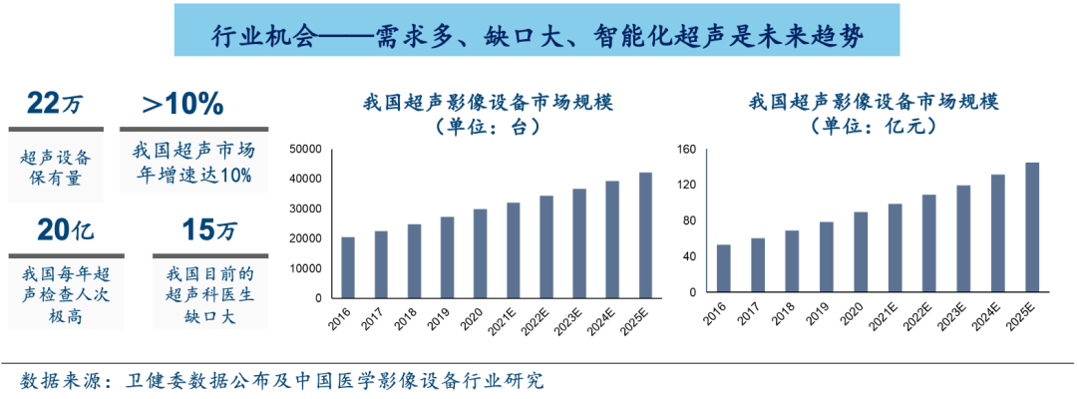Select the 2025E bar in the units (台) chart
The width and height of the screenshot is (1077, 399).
pyautogui.click(x=646, y=235)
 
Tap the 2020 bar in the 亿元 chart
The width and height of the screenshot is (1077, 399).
pyautogui.click(x=861, y=254)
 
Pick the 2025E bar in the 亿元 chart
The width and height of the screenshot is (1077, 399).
pyautogui.click(x=1032, y=229)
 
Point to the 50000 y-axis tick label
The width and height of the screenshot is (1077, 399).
pyautogui.click(x=304, y=149)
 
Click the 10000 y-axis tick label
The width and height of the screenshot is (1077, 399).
pyautogui.click(x=304, y=268)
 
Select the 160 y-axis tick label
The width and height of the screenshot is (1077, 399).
pyautogui.click(x=685, y=150)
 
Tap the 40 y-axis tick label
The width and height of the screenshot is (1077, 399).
pyautogui.click(x=688, y=257)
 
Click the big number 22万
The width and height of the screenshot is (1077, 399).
pyautogui.click(x=56, y=103)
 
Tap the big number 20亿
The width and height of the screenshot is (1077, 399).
pyautogui.click(x=64, y=230)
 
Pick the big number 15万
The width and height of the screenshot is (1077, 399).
pyautogui.click(x=209, y=230)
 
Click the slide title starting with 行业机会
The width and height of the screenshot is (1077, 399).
pyautogui.click(x=538, y=37)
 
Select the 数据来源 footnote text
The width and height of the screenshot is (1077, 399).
pyautogui.click(x=283, y=381)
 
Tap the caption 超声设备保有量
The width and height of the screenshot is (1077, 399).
pyautogui.click(x=56, y=168)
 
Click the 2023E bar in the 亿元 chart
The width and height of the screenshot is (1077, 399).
pyautogui.click(x=963, y=241)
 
